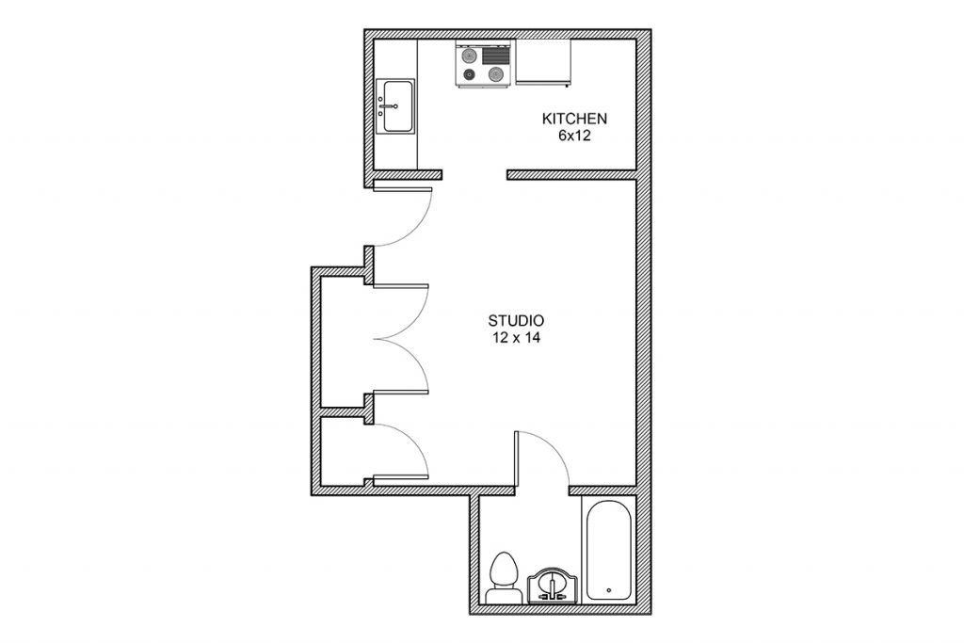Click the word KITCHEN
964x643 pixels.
[574, 119]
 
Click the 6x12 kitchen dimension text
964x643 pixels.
[574, 137]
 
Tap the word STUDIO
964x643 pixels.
[516, 320]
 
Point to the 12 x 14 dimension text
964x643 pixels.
[516, 337]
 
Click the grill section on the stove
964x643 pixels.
[496, 56]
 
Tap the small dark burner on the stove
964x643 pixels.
[469, 75]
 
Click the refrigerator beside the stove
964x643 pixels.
[543, 61]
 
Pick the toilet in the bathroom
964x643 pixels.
[502, 578]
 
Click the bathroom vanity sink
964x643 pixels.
[552, 586]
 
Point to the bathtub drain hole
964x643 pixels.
[609, 590]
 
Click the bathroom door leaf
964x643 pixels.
[517, 458]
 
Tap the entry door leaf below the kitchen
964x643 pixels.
[403, 188]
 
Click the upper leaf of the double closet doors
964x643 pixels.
[400, 286]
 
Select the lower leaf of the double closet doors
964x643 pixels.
[400, 392]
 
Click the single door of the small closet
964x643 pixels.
[400, 476]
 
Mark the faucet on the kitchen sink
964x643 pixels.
[387, 106]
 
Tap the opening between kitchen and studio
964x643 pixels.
[474, 175]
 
